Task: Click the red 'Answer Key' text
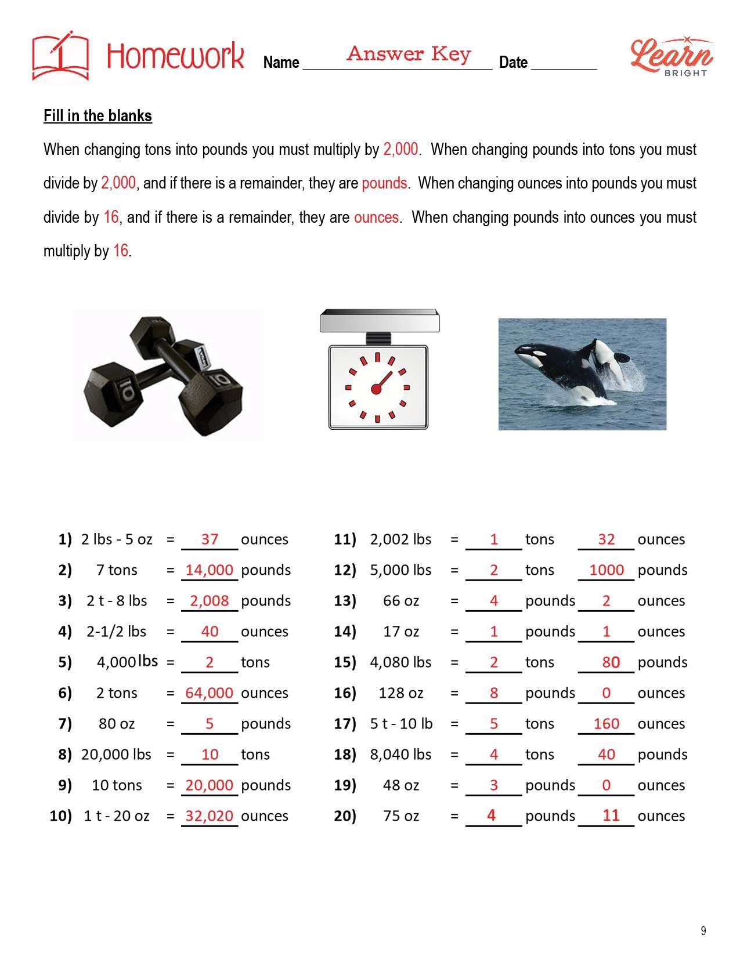coord(409,54)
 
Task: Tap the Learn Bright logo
coord(672,57)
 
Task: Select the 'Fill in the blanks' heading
coord(98,116)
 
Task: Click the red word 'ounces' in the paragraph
coord(376,217)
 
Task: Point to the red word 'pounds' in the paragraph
coord(384,183)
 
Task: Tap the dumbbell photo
coord(167,375)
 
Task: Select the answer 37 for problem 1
coord(210,539)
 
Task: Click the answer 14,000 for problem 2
coord(210,570)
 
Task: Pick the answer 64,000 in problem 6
coord(210,693)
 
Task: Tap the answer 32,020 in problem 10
coord(210,816)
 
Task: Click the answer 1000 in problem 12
coord(607,570)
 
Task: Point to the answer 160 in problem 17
coord(607,724)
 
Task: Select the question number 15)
coord(345,662)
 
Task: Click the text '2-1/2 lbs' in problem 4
coord(117,632)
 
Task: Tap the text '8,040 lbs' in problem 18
coord(400,755)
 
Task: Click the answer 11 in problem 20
coord(611,815)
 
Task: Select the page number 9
coord(703,931)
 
